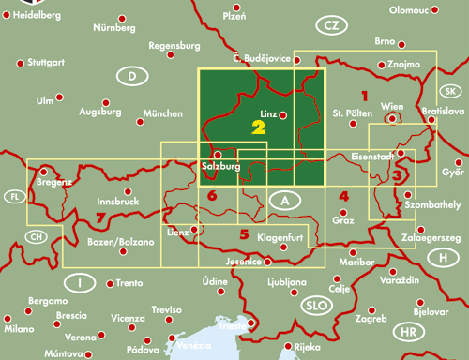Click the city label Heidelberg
pos(35,16)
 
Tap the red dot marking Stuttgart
pos(20,63)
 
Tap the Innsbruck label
pos(118,201)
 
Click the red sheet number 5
pos(244,233)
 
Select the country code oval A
pos(284,200)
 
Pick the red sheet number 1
pos(364,95)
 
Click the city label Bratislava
pos(444,112)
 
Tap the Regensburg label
pos(175,45)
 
